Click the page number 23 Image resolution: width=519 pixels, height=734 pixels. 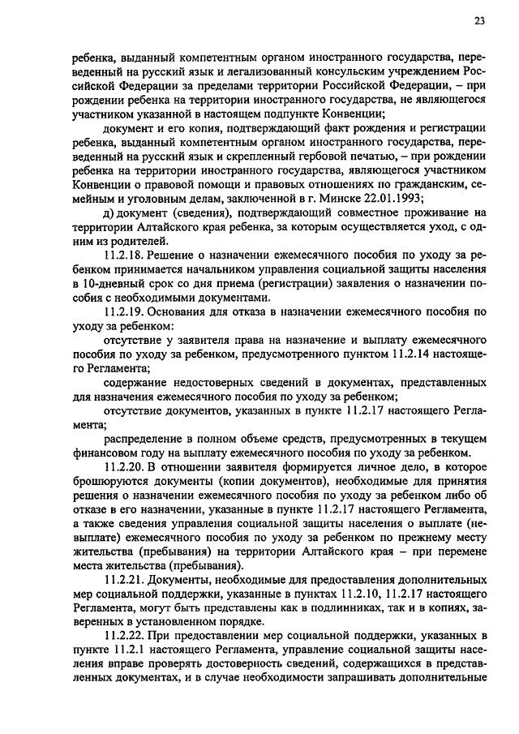479,22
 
